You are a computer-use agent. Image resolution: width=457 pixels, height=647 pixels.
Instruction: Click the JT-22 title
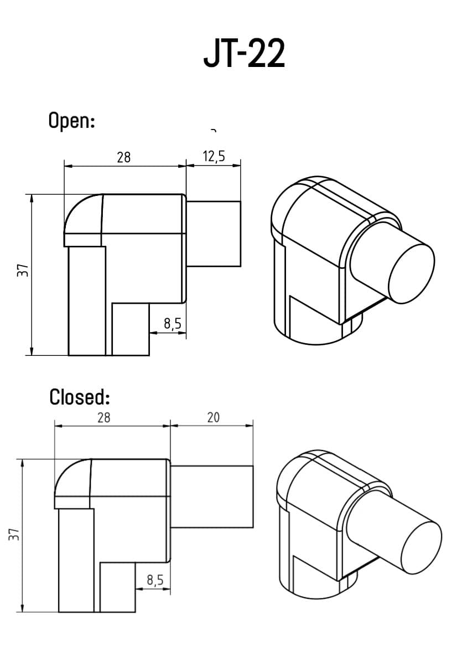(x=244, y=54)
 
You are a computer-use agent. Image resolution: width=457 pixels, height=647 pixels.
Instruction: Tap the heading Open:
(x=71, y=120)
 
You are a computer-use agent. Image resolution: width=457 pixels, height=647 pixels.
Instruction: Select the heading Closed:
(x=80, y=397)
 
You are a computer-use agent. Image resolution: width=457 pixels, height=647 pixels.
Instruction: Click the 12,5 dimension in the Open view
(x=214, y=157)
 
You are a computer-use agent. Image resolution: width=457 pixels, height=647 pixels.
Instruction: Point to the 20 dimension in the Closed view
(x=213, y=417)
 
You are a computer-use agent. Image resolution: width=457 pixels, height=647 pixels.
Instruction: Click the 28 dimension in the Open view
(x=124, y=157)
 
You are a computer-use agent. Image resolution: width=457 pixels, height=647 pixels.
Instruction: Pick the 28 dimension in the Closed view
(x=103, y=418)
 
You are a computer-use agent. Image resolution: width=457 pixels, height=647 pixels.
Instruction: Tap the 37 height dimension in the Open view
(x=23, y=271)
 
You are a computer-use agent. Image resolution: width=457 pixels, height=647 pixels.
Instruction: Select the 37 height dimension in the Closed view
(x=14, y=534)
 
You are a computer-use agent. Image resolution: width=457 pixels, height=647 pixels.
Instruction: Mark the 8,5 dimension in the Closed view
(x=155, y=580)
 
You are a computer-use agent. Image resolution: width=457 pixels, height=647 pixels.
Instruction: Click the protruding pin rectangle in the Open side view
(x=214, y=234)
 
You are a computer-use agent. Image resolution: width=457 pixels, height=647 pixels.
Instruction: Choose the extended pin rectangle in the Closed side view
(x=212, y=496)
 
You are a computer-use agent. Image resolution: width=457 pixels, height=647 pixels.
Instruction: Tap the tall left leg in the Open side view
(x=87, y=302)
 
